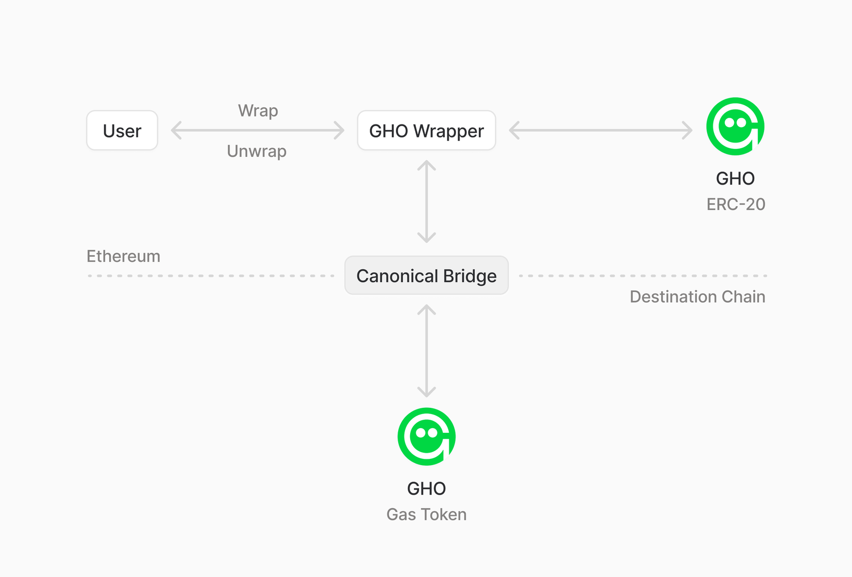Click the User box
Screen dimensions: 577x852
point(122,131)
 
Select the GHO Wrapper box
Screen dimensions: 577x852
point(426,131)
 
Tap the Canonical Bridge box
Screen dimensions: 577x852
point(426,275)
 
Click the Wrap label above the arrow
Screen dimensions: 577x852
point(258,110)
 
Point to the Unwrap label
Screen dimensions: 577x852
point(257,151)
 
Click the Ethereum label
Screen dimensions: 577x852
point(123,256)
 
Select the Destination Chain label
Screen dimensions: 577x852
point(698,296)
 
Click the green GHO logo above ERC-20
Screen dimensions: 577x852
point(735,126)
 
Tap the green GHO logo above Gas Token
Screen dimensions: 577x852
point(426,436)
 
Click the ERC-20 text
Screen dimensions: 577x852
point(736,204)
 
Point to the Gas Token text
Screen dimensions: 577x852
point(426,514)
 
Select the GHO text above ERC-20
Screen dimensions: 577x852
point(735,178)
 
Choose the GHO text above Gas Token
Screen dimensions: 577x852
point(426,488)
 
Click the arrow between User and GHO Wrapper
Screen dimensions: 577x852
point(257,130)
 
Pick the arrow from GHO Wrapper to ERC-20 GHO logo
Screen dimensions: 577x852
point(600,130)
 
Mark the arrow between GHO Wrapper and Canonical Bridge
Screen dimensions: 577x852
point(426,202)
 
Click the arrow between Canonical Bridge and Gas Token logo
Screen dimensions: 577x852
point(426,350)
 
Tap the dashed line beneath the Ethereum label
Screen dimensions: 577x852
point(210,275)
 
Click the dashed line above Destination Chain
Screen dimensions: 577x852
point(643,275)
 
